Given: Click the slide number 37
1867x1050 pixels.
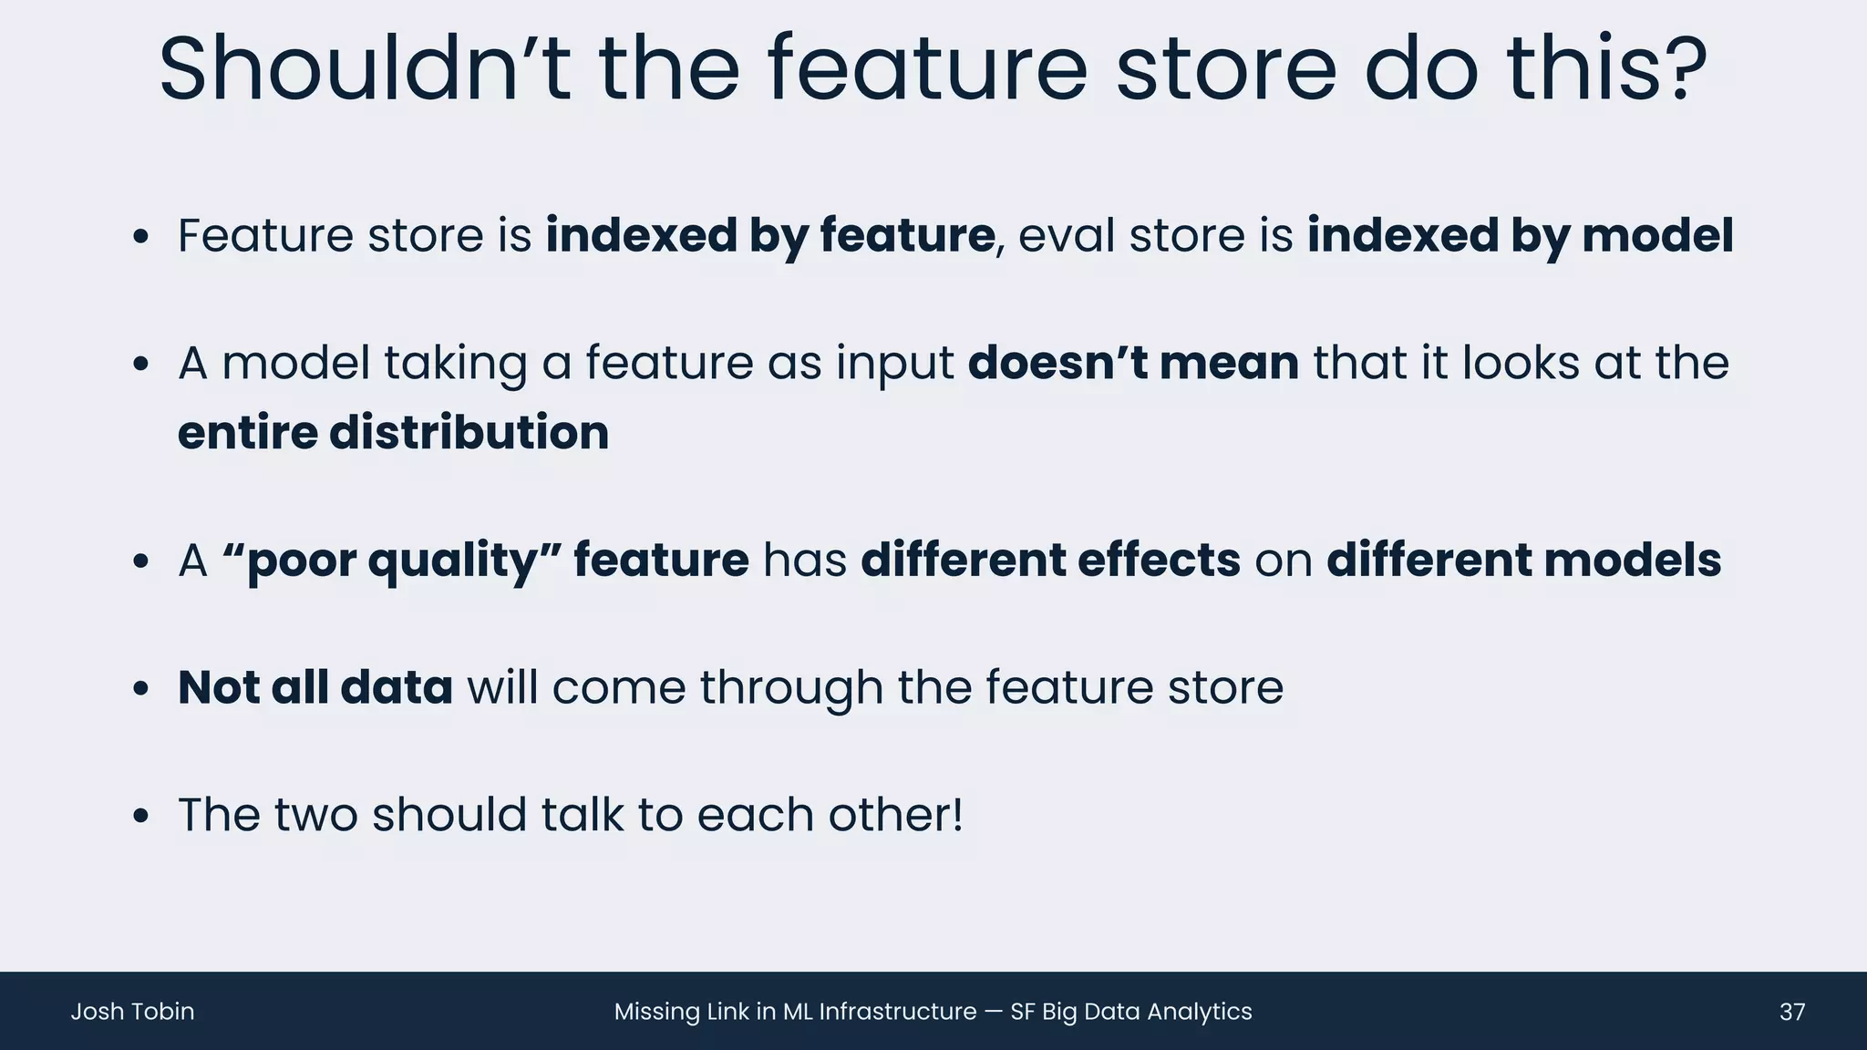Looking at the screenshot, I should click(1791, 1012).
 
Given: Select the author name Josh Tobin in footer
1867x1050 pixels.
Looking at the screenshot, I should click(132, 1012).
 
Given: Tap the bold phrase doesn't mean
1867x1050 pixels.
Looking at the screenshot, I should click(1132, 363).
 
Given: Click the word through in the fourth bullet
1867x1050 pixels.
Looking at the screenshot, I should click(791, 689).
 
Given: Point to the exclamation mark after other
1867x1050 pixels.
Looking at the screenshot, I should click(955, 814).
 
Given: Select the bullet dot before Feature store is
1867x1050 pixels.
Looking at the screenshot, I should click(139, 238).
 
